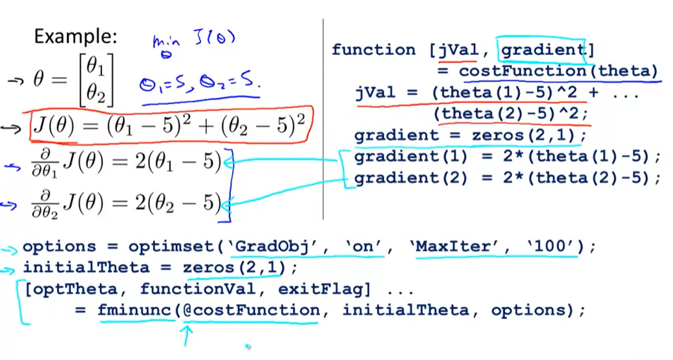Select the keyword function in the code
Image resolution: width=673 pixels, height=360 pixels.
click(x=373, y=50)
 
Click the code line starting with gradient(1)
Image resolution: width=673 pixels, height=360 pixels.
click(x=507, y=156)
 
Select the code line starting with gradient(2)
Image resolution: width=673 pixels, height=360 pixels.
click(x=507, y=178)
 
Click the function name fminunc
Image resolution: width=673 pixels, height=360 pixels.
click(x=135, y=310)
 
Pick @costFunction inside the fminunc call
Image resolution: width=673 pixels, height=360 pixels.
click(x=251, y=310)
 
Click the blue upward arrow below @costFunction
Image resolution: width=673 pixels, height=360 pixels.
click(x=188, y=335)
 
